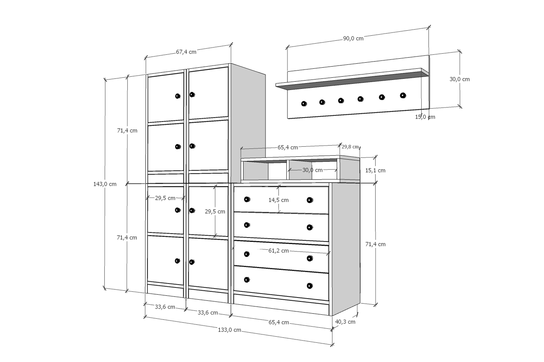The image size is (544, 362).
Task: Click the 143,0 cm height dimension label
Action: point(105,184)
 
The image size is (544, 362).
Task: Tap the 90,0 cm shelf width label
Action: point(353,38)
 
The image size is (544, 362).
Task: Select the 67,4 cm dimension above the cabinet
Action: point(186,52)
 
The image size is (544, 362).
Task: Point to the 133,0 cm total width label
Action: point(229,330)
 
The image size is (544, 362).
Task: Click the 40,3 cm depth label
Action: point(345,322)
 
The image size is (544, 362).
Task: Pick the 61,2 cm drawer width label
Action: point(278,251)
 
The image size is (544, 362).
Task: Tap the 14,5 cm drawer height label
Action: point(278,200)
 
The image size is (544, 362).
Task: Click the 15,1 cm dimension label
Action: point(375,171)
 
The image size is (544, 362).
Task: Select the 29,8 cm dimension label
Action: point(350,147)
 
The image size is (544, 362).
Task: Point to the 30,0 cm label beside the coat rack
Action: point(459,79)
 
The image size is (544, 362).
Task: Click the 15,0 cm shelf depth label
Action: point(425,117)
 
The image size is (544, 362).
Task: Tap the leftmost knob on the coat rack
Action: point(304,104)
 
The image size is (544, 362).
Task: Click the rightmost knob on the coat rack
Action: point(403,96)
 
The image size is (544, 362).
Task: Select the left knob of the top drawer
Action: point(247,199)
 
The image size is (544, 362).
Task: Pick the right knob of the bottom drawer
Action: point(309,286)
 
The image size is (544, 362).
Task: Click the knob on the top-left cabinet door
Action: point(178,96)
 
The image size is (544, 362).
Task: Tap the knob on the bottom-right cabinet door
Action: point(192,262)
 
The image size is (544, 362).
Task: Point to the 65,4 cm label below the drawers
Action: point(279,322)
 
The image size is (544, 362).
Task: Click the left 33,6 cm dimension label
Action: point(165,307)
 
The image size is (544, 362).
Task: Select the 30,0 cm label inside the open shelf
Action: point(312,170)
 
